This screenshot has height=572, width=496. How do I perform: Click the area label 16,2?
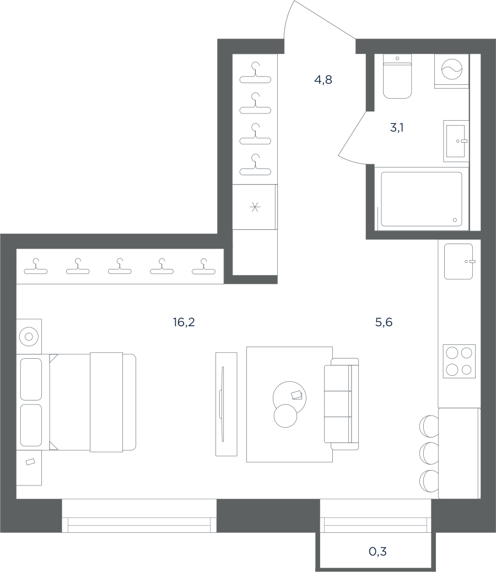184,322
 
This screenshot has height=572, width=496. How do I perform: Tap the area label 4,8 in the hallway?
324,80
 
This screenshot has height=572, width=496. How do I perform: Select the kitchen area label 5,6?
384,322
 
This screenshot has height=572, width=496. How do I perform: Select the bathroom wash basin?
456,141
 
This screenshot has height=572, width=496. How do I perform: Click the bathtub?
422,198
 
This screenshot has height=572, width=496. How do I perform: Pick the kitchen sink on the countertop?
459,261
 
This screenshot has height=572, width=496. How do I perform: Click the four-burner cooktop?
459,361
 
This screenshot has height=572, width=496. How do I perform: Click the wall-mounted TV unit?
226,404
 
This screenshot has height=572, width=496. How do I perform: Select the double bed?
92,402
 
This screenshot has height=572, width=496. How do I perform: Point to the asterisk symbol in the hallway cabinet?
255,207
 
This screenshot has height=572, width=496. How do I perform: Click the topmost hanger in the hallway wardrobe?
255,73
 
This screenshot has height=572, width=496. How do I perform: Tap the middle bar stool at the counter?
429,452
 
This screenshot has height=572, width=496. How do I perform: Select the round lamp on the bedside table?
29,336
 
